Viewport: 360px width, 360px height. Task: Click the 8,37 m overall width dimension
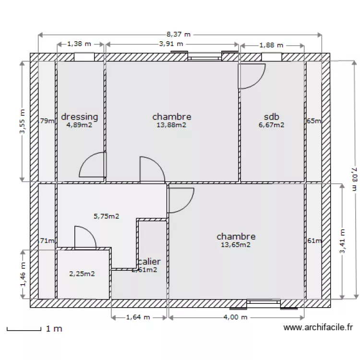179,35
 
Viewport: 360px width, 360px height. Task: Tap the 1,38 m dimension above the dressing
79,44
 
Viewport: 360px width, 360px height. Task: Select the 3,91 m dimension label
171,44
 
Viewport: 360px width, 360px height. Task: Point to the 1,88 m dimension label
271,46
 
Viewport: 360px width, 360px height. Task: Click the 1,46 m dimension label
22,274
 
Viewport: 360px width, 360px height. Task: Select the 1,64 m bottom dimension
138,317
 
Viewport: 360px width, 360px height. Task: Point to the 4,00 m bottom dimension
235,317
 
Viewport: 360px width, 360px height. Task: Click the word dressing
80,117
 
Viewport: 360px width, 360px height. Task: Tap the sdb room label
271,117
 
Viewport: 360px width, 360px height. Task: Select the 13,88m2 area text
171,125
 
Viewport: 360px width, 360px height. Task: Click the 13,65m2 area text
236,245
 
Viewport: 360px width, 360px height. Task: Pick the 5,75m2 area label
106,216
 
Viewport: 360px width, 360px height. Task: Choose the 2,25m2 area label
82,274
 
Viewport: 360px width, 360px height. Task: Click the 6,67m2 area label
271,125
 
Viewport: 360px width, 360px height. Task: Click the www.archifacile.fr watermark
318,328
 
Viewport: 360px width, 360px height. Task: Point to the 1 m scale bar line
24,329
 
